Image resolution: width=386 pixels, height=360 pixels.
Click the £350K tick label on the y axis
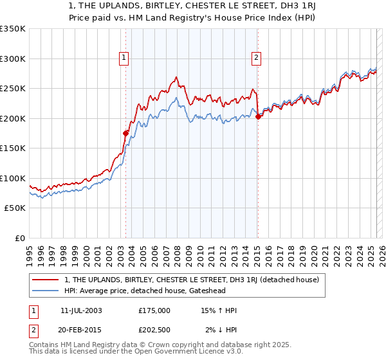[13, 29]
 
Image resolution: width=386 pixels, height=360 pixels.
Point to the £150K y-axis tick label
[13, 148]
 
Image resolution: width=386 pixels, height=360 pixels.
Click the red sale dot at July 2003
[126, 133]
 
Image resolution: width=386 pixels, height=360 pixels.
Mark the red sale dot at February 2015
[258, 117]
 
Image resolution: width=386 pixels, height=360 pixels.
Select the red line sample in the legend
[46, 280]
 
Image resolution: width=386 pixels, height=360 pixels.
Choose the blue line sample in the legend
[46, 291]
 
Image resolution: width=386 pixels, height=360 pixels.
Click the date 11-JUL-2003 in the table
[81, 310]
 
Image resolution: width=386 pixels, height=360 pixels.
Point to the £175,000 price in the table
[154, 310]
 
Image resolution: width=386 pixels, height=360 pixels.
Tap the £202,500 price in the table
[154, 330]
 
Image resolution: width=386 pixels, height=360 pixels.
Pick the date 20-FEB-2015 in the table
[81, 330]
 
